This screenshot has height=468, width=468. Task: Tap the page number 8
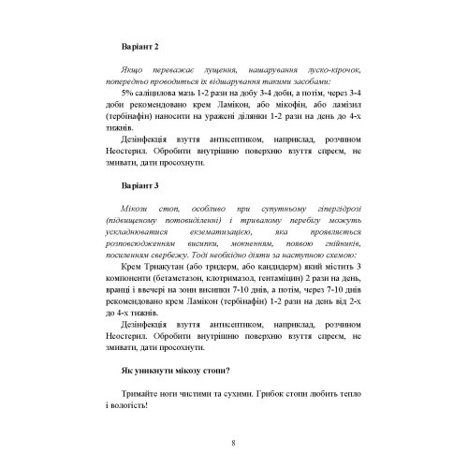coord(233,441)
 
